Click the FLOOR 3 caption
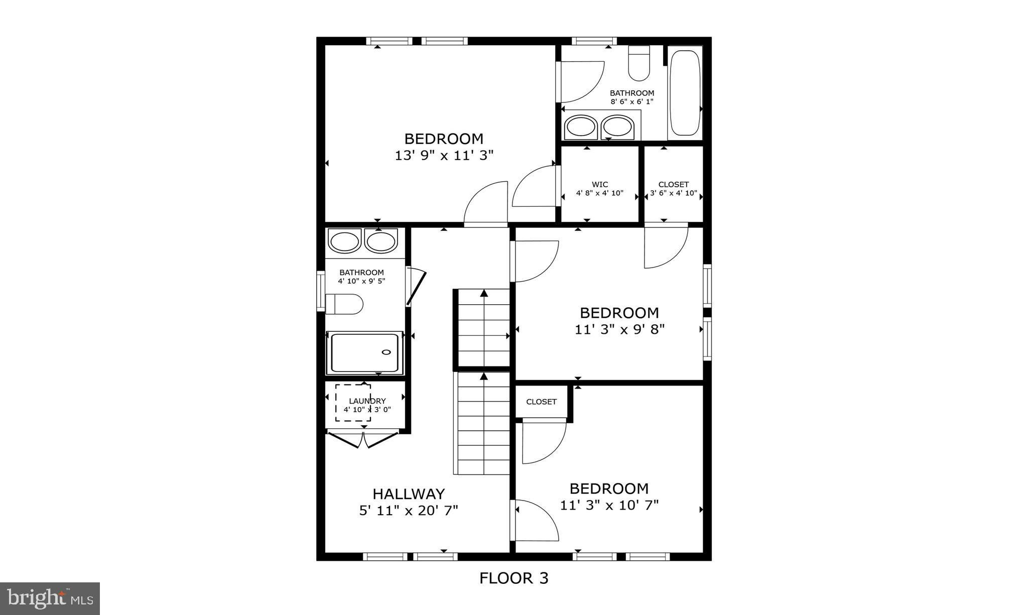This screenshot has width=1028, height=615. point(513,578)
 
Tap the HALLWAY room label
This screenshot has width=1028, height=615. point(409,494)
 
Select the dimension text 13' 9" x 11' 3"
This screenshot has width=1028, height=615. point(444,156)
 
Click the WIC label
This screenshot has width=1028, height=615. point(599,184)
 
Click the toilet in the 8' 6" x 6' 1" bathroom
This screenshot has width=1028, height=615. point(639,63)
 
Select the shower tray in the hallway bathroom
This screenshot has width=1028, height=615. point(365,352)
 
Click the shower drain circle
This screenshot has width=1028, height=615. point(387,352)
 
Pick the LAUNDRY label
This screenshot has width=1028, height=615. point(367,401)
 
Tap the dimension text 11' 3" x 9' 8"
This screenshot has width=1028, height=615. point(619,330)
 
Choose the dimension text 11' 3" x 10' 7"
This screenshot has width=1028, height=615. point(609,505)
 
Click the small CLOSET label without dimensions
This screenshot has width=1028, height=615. point(541,402)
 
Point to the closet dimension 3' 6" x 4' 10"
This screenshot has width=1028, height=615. point(674,193)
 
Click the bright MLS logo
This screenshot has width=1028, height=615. point(50,598)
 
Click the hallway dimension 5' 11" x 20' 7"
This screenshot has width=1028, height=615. point(409,511)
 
